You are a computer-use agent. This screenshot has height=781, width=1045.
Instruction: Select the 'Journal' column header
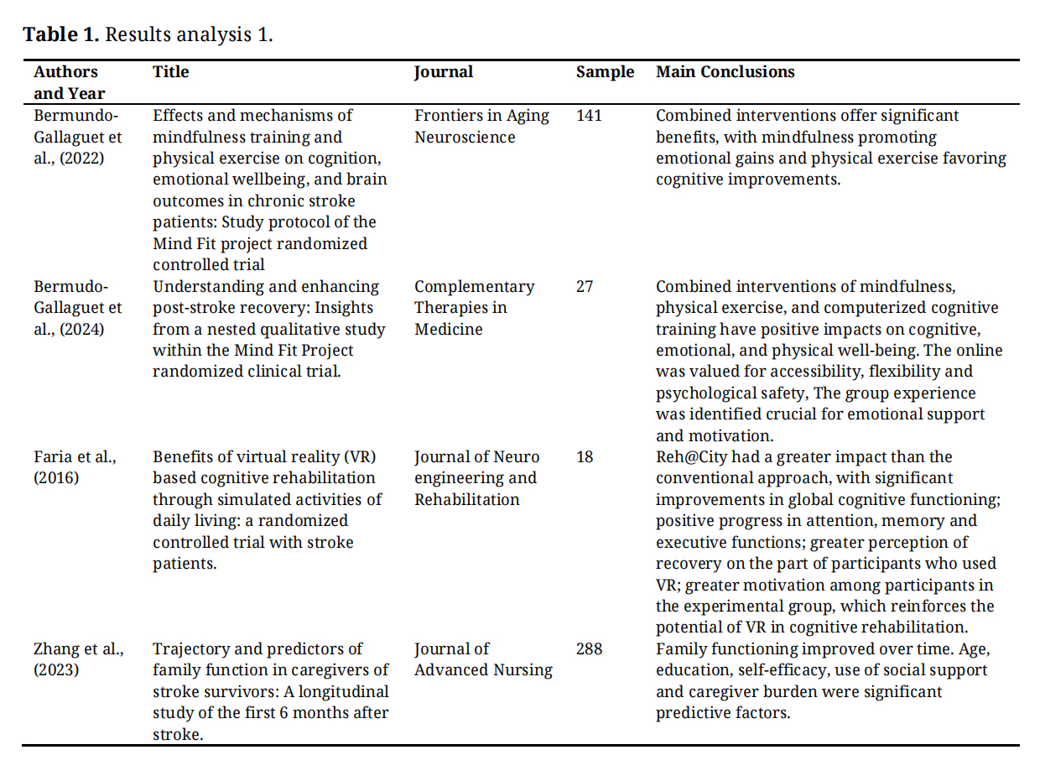(444, 72)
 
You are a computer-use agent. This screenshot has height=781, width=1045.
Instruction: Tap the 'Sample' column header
(605, 72)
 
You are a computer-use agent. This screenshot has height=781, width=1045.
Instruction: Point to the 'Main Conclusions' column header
(725, 72)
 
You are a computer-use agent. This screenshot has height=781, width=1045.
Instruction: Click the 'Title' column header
(170, 72)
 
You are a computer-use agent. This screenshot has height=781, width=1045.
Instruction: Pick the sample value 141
(589, 116)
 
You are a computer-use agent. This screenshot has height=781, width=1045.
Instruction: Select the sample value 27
(584, 287)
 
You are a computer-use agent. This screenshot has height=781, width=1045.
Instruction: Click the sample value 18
(584, 457)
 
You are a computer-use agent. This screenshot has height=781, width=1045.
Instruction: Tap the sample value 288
(589, 649)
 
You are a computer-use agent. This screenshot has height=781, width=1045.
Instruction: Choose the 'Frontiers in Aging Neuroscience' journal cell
(481, 126)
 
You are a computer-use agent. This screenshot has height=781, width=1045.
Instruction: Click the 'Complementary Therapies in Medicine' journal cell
(474, 308)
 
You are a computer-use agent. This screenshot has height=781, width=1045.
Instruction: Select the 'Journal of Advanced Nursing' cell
(483, 659)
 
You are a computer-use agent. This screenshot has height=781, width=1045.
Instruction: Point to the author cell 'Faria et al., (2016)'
(75, 467)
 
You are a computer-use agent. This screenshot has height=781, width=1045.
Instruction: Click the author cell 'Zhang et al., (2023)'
(79, 659)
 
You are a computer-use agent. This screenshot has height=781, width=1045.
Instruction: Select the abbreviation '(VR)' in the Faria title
(358, 457)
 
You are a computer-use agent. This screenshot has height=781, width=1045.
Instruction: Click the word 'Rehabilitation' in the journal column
(466, 500)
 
